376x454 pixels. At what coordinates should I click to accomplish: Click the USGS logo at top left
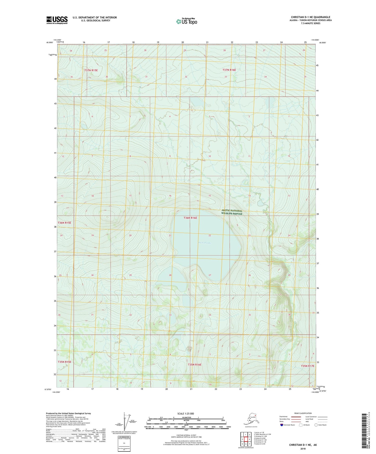pos(57,20)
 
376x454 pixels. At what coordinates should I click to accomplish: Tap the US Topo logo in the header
pos(186,21)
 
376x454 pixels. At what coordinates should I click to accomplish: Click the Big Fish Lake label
pos(204,243)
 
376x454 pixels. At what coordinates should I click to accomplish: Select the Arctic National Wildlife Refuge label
pos(232,212)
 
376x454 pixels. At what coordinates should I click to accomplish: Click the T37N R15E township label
pos(91,70)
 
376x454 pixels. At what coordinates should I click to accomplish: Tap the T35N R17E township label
pos(308,366)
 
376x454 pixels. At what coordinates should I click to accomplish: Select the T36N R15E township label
pos(64,223)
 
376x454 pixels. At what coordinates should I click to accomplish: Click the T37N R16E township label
pos(229,70)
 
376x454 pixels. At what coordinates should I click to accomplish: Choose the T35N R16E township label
pos(195,365)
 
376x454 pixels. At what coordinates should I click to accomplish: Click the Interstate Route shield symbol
pos(282,425)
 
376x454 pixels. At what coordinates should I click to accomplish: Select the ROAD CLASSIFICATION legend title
pos(303,413)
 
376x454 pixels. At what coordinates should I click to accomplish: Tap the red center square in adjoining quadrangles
pos(245,439)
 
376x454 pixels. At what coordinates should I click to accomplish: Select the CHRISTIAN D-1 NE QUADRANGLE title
pos(310,17)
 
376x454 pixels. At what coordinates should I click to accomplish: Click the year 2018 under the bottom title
pos(303,449)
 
